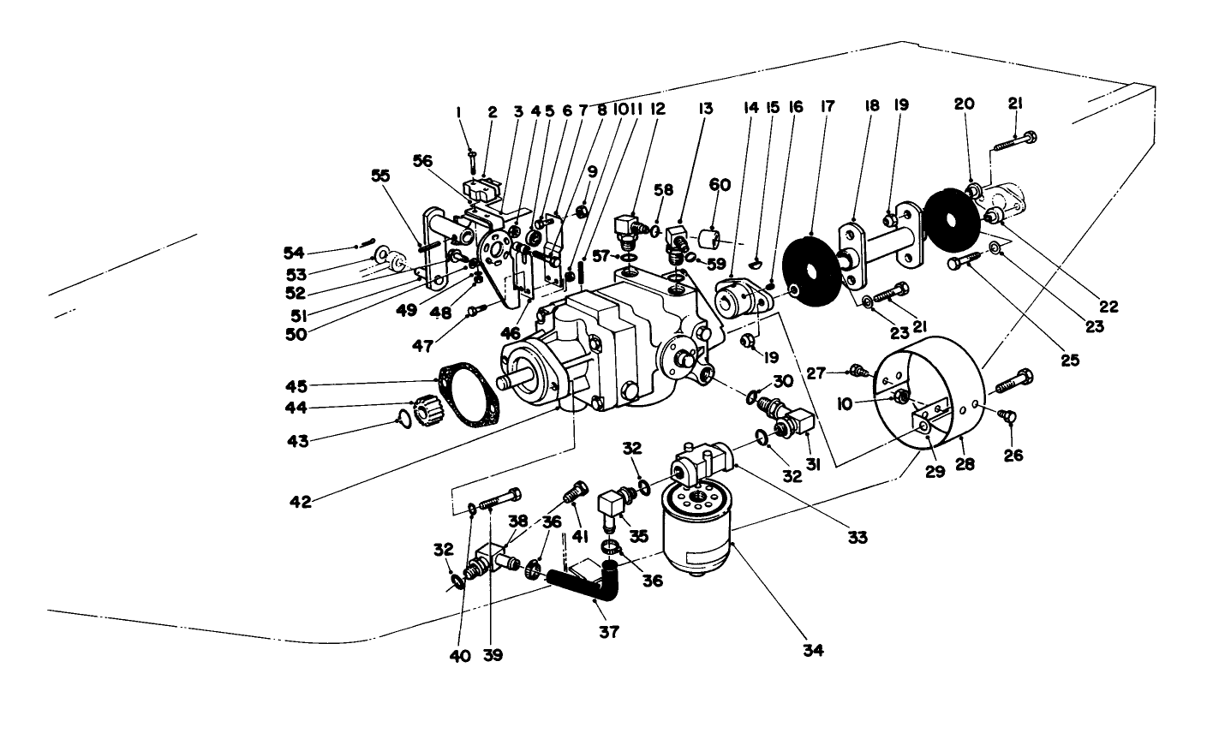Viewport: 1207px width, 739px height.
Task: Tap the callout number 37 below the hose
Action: (610, 631)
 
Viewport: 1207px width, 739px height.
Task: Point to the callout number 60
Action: (720, 184)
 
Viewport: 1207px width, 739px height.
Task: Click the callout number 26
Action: (1014, 456)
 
